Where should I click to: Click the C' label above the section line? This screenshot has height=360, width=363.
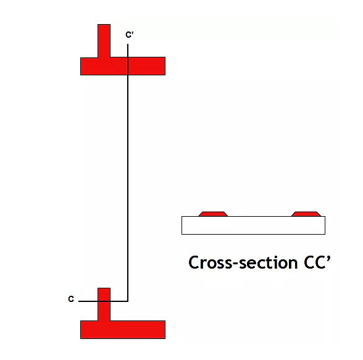[130, 35]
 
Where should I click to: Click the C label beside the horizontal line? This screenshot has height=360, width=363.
[71, 299]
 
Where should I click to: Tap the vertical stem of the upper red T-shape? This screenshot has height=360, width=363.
[104, 41]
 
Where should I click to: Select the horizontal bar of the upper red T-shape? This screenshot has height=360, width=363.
[123, 66]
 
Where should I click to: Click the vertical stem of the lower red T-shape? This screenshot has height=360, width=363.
[104, 304]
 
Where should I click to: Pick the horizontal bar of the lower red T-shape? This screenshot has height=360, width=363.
[123, 330]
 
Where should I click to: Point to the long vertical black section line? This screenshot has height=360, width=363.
[128, 173]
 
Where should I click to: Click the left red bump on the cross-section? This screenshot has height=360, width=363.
[213, 214]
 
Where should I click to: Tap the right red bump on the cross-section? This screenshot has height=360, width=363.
[306, 214]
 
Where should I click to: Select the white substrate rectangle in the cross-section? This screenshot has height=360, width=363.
[253, 225]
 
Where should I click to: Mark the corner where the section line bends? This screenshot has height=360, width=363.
[128, 301]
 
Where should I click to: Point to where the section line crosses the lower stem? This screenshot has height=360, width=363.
[104, 301]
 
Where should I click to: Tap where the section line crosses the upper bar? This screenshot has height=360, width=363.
[128, 66]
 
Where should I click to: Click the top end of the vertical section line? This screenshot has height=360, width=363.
[128, 44]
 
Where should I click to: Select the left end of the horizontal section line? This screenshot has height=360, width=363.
[79, 301]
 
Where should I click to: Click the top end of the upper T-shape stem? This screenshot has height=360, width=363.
[104, 24]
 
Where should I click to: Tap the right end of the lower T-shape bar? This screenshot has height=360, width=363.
[165, 330]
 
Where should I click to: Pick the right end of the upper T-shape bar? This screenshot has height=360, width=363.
[165, 66]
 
